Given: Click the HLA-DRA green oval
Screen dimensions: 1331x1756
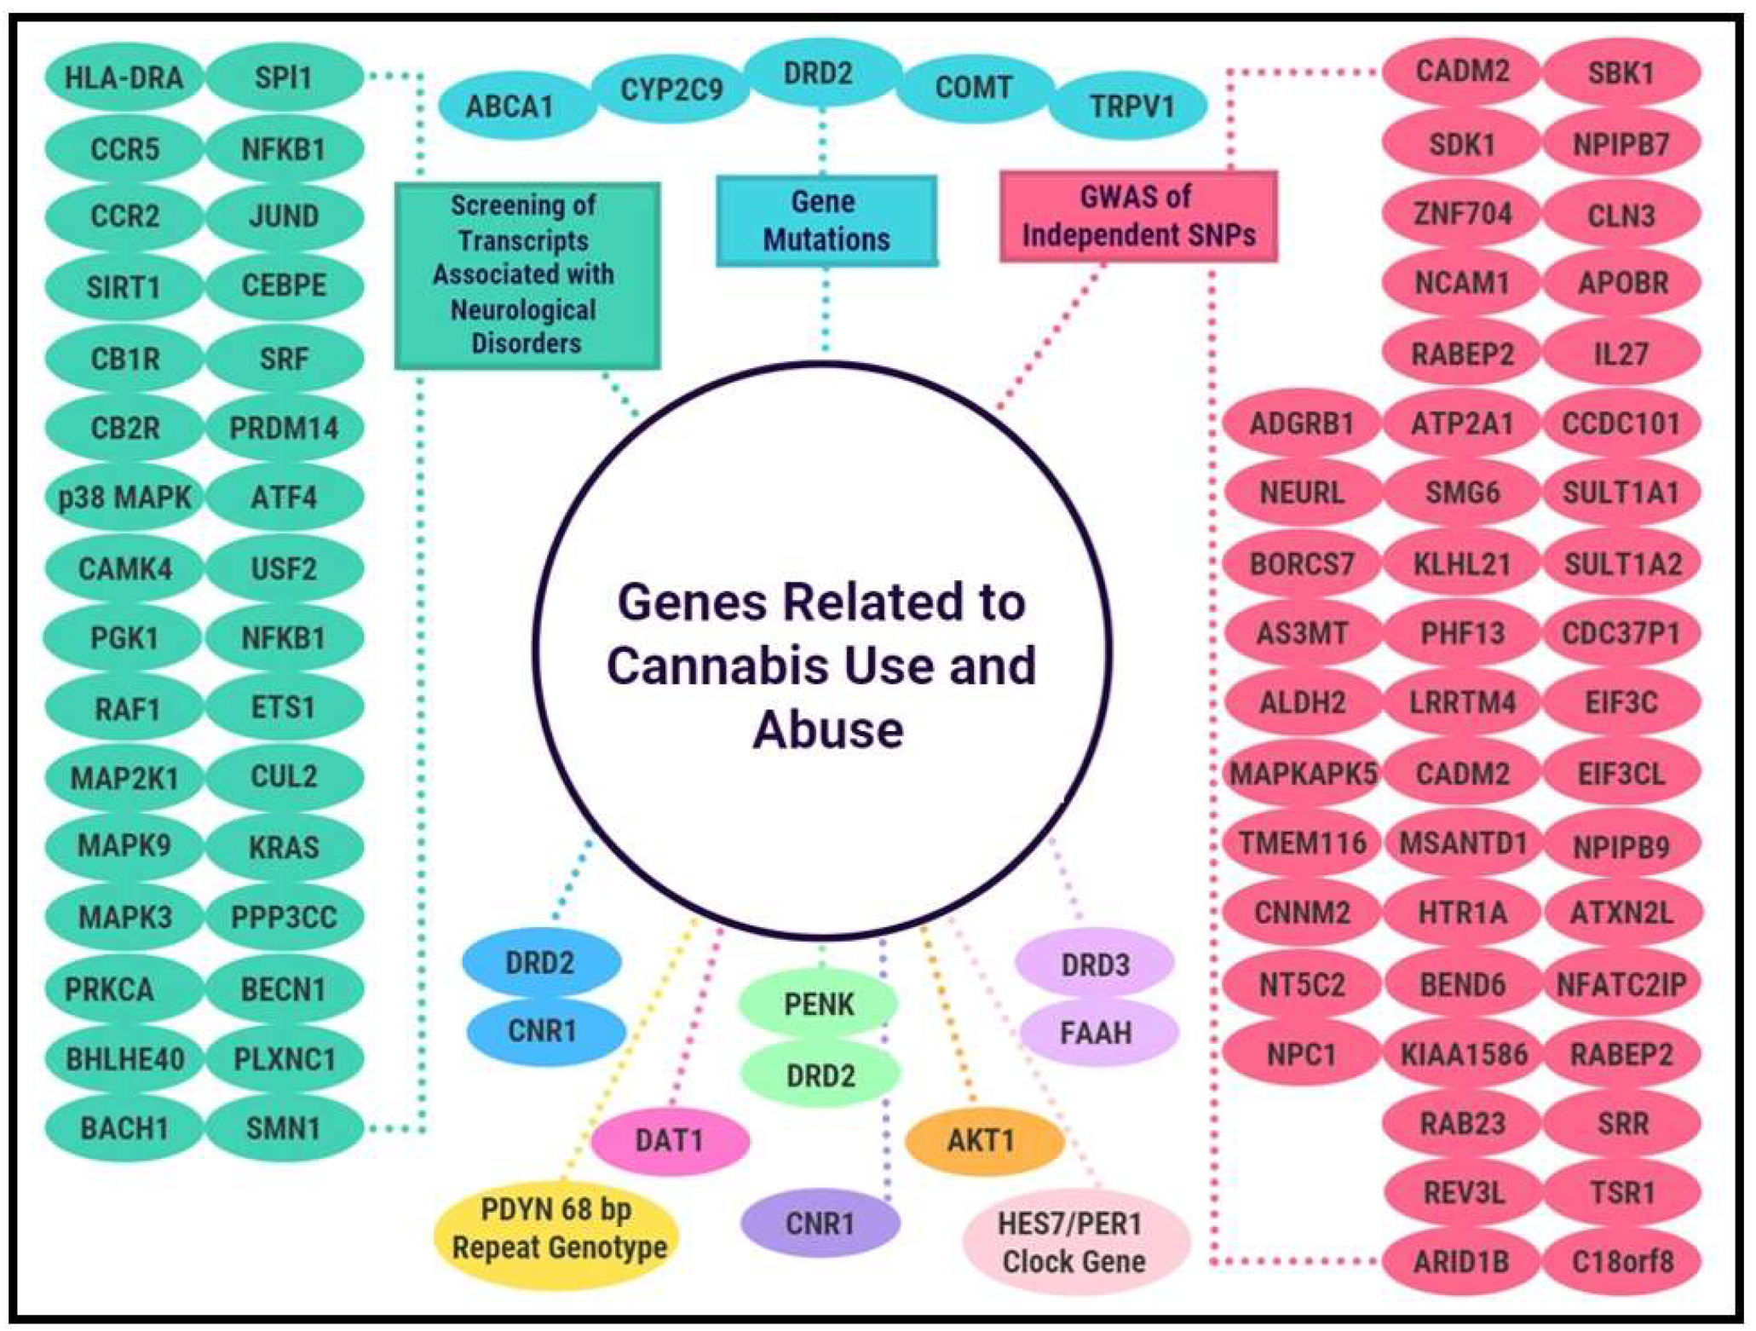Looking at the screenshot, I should tap(124, 78).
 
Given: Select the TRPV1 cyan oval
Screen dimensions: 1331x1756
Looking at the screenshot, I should tap(1131, 107).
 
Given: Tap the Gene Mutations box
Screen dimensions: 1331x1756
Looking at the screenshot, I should tap(826, 221).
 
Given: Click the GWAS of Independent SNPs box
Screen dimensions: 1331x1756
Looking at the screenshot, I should tap(1137, 216).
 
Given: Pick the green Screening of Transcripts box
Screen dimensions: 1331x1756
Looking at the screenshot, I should tap(527, 274).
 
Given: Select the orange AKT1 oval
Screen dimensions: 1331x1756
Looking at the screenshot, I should tap(982, 1139).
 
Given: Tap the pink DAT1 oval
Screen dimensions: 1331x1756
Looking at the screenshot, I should tap(670, 1139).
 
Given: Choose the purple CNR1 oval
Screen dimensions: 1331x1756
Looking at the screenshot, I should tap(819, 1223).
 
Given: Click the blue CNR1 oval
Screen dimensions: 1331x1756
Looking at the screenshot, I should tap(543, 1031).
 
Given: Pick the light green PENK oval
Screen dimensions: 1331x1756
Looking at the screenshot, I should tap(818, 1004).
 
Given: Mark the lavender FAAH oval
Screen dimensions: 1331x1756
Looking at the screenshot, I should tap(1096, 1033).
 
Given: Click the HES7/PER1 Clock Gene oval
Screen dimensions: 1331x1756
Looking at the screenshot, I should tap(1073, 1242).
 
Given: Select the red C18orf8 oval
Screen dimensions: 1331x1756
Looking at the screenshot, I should tap(1621, 1260).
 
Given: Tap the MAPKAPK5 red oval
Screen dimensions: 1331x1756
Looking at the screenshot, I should tap(1302, 774).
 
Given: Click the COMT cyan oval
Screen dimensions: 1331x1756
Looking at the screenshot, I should tap(973, 88).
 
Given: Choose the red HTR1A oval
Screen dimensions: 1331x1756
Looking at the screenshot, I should tap(1462, 913).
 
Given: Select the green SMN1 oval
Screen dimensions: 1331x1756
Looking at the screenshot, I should tap(284, 1128).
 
